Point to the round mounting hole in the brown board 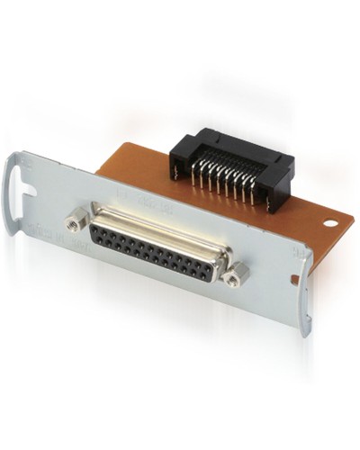click(330, 220)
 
